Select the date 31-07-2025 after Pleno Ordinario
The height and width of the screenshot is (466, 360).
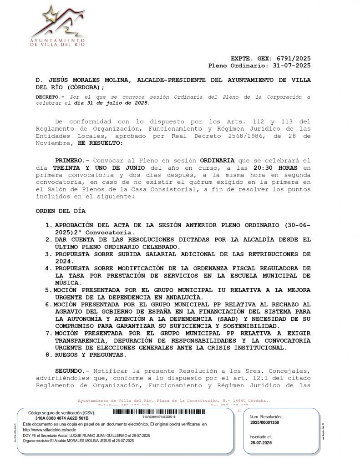[x=292, y=66]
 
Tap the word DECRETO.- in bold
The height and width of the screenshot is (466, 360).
[x=51, y=97]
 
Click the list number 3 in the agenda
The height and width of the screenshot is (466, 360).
[x=48, y=254]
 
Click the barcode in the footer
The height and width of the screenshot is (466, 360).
[x=159, y=412]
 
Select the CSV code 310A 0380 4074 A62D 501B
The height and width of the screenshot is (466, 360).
[x=62, y=418]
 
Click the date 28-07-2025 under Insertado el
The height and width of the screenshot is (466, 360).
[x=261, y=442]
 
